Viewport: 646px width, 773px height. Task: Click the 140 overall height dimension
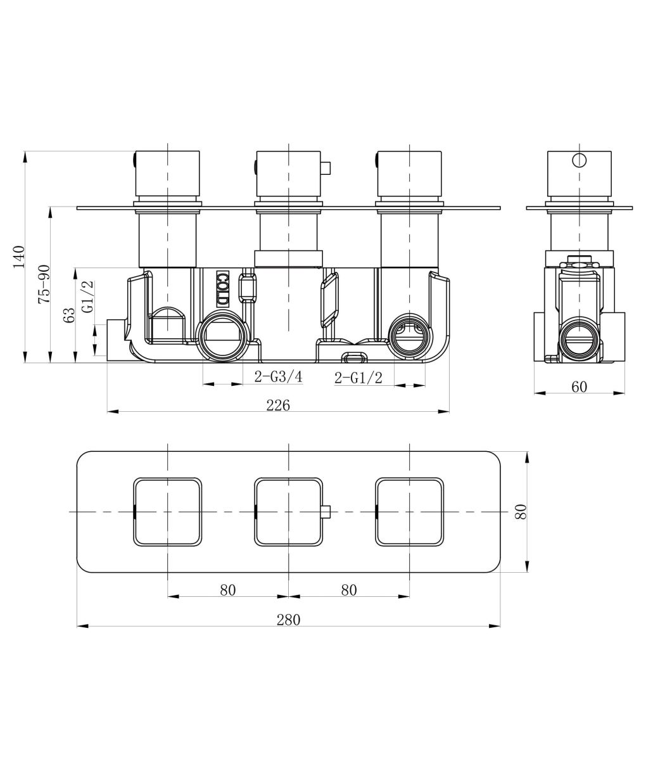19,257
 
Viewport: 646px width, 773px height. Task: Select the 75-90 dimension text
44,284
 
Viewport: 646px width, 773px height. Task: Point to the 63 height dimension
69,315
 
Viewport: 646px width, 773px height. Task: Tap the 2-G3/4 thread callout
279,376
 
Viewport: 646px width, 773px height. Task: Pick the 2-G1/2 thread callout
358,378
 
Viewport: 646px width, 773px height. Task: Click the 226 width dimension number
278,406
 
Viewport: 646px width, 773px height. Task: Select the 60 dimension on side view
579,386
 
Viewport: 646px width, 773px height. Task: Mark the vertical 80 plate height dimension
521,511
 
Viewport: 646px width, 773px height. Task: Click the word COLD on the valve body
222,290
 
